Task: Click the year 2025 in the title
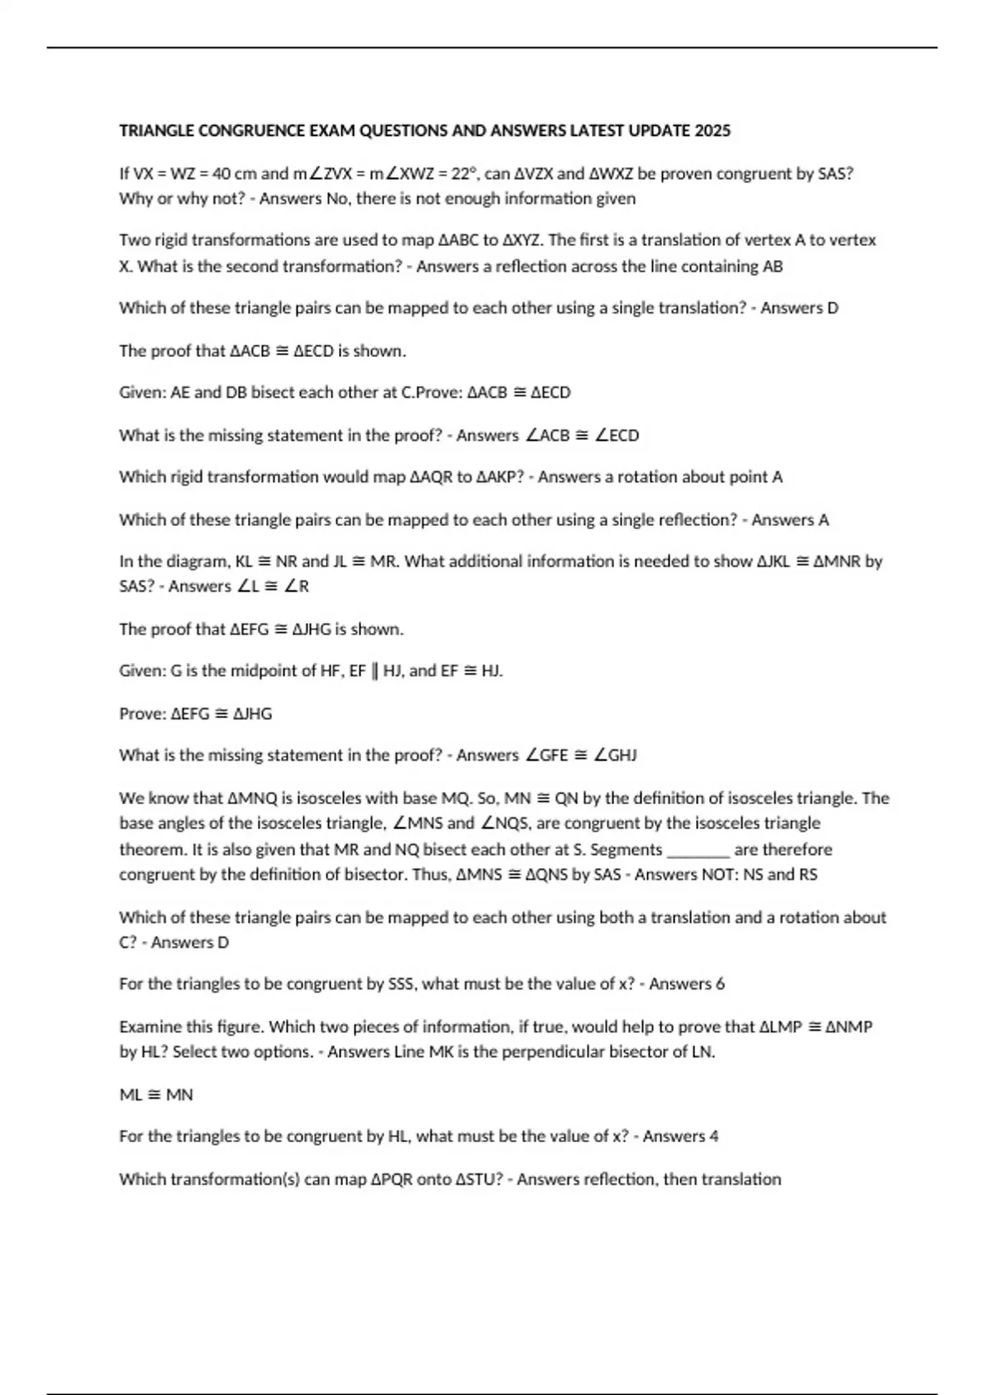[712, 131]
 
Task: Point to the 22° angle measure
[464, 174]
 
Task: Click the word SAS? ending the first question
[836, 174]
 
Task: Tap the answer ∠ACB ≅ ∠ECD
[581, 436]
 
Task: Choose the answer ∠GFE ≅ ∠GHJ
[580, 756]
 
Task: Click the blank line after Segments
[698, 850]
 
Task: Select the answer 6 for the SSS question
[720, 984]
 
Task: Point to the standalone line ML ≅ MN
[156, 1095]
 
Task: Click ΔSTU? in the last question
[479, 1179]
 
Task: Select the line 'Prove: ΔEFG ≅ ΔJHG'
[195, 714]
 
